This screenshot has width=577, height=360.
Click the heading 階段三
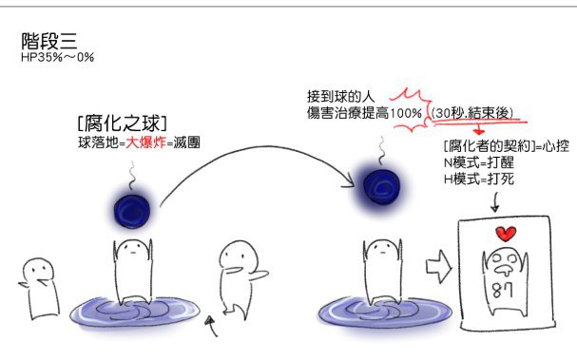(x=48, y=41)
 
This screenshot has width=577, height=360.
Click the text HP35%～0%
(x=57, y=57)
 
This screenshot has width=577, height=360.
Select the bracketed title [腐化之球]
(x=123, y=123)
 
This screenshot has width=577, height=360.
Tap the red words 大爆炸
(x=145, y=142)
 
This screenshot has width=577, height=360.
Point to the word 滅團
(x=186, y=142)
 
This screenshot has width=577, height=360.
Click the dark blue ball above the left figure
(x=132, y=211)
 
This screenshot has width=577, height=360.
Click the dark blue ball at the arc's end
(x=381, y=187)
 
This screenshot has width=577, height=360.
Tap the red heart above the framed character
(x=506, y=234)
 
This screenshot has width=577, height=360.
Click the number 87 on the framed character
(x=503, y=291)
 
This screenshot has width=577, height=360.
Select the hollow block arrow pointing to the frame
(x=438, y=267)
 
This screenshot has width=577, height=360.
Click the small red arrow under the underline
(x=478, y=130)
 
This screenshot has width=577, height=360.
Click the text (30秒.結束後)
(x=472, y=113)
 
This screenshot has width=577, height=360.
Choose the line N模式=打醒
(x=479, y=162)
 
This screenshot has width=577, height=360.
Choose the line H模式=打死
(x=479, y=180)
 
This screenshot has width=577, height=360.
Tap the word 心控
(x=556, y=146)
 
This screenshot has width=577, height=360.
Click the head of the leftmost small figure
(x=38, y=273)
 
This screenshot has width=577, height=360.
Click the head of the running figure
(x=239, y=256)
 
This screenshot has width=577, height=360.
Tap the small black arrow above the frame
(x=495, y=203)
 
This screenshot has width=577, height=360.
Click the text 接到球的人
(x=340, y=97)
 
